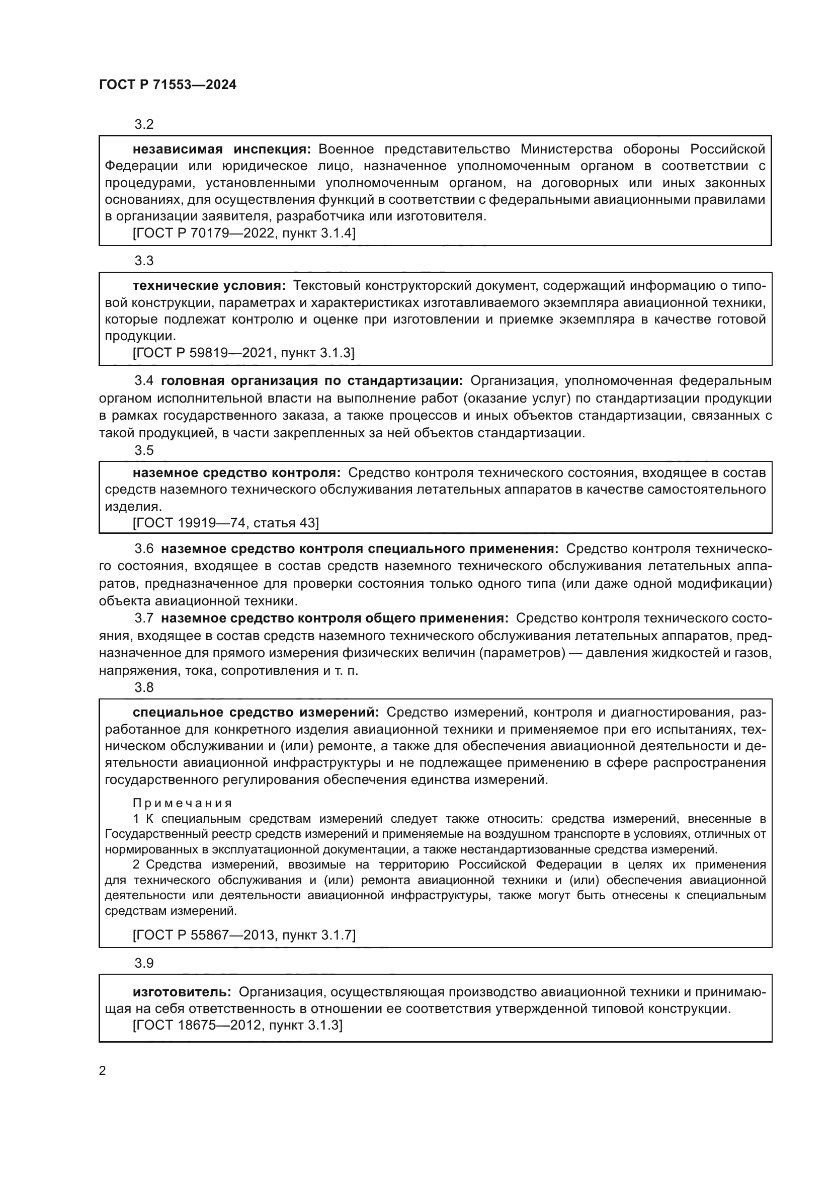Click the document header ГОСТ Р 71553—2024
[168, 85]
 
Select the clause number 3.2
[144, 125]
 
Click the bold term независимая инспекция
[221, 149]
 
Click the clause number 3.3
[144, 261]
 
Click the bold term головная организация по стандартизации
[311, 381]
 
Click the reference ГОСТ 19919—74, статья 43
[225, 523]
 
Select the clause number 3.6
[144, 549]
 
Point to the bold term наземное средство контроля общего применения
[335, 618]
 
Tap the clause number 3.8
[144, 687]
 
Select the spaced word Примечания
[183, 803]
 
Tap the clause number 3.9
[144, 963]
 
